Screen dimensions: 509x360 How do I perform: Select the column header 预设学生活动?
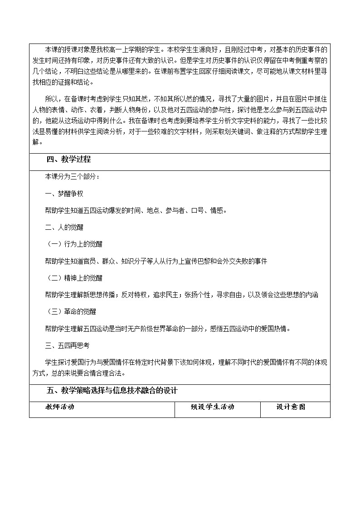pyautogui.click(x=213, y=407)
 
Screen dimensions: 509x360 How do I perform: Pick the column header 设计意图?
pyautogui.click(x=291, y=407)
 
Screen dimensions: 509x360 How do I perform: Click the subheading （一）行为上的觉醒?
pyautogui.click(x=75, y=244)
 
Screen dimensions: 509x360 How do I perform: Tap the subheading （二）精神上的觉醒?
pyautogui.click(x=75, y=278)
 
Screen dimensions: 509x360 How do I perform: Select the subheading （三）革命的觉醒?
pyautogui.click(x=72, y=311)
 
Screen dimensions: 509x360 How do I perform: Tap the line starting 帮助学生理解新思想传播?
pyautogui.click(x=181, y=295)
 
